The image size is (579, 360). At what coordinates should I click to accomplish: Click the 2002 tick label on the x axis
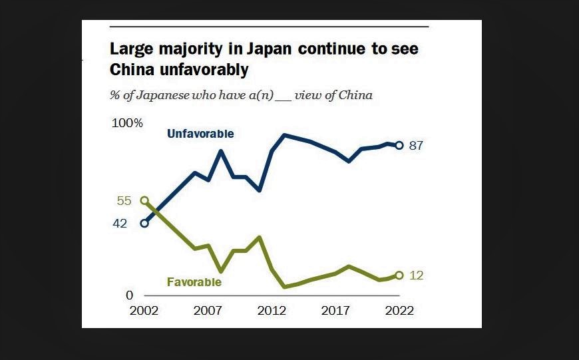click(144, 311)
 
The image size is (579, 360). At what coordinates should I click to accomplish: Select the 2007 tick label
click(208, 311)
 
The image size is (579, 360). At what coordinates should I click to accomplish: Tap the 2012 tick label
click(272, 311)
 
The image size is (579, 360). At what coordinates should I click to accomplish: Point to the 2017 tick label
click(335, 311)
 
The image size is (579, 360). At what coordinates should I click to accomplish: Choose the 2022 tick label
click(399, 311)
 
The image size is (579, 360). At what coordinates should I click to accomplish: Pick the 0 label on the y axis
click(130, 295)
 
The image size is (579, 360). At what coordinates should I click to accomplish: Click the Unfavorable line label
click(200, 134)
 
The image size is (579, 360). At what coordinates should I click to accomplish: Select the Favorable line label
click(194, 282)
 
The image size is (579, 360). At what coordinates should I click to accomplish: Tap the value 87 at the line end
click(417, 146)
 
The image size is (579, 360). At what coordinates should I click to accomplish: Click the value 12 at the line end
click(417, 275)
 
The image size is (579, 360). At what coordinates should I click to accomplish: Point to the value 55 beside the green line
click(124, 201)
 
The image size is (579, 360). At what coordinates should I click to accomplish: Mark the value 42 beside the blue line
click(120, 224)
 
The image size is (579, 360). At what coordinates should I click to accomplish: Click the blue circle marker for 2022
click(399, 145)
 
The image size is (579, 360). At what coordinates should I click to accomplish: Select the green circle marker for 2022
click(399, 275)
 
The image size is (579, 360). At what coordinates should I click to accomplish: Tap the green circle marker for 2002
click(144, 200)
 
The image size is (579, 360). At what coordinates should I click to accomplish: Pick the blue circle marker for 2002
click(144, 223)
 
